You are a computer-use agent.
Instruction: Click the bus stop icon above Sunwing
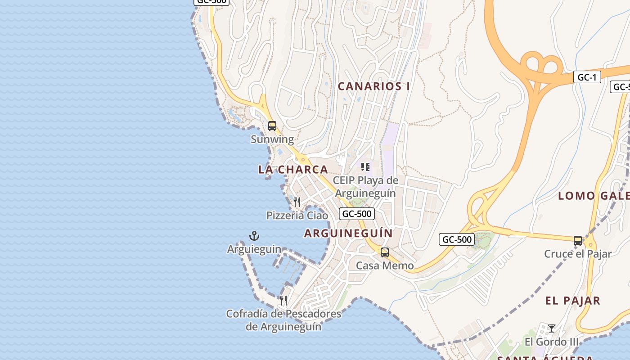[x=272, y=126]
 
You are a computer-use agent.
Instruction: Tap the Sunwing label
[x=272, y=139]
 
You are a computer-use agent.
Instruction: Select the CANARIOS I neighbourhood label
[x=373, y=86]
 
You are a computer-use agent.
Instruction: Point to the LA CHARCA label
[x=293, y=170]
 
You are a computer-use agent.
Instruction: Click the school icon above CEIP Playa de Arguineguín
[x=365, y=167]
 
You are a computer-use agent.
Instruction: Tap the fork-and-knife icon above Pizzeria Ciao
[x=297, y=202]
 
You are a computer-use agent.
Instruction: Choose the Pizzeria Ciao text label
[x=297, y=216]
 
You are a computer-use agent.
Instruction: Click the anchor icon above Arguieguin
[x=254, y=236]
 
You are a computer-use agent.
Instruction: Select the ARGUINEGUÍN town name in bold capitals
[x=348, y=233]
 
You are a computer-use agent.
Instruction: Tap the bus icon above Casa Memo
[x=384, y=252]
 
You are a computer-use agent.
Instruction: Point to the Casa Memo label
[x=385, y=265]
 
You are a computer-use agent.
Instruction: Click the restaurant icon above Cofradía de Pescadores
[x=283, y=300]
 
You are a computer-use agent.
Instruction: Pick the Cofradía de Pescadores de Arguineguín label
[x=283, y=320]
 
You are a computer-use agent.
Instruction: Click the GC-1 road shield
[x=587, y=77]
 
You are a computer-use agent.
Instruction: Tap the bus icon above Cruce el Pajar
[x=578, y=241]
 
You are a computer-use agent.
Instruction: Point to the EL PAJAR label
[x=572, y=301]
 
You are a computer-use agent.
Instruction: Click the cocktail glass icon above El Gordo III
[x=552, y=328]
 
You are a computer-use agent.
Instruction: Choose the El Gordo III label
[x=552, y=342]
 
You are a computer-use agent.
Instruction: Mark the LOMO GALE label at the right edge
[x=593, y=196]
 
